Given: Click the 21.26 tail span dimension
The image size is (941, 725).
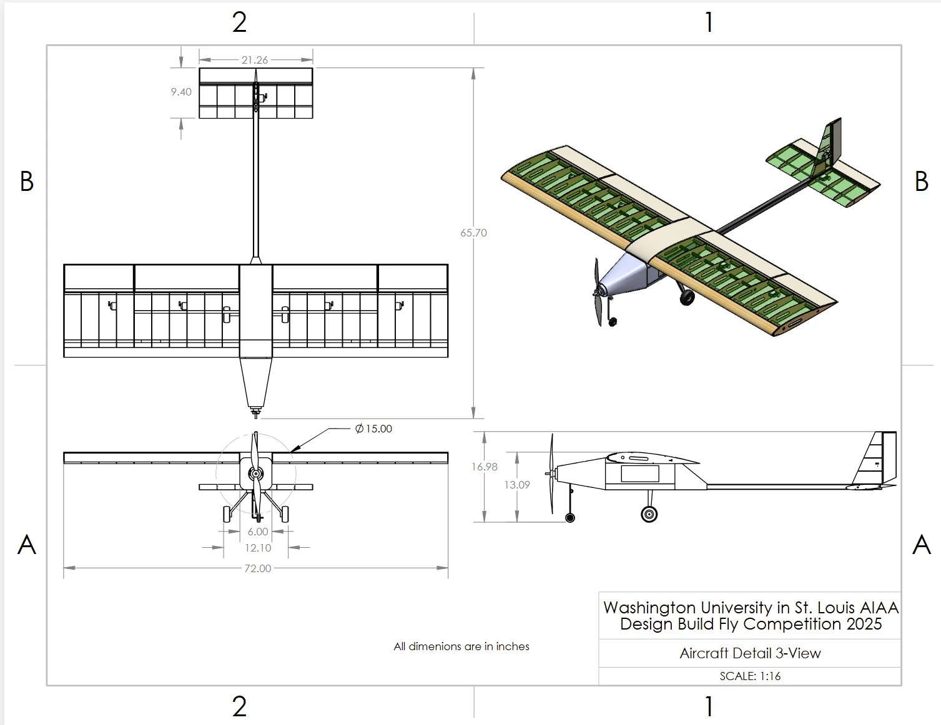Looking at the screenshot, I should (x=255, y=60).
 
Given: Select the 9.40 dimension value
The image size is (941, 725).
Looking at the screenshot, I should (x=181, y=92).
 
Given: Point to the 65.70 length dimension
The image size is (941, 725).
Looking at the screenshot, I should (x=473, y=233).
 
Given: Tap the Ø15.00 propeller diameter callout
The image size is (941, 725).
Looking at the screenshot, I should (x=373, y=429).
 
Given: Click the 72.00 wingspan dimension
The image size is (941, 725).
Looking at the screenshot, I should (x=258, y=568).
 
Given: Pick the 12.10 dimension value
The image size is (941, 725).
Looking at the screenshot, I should (x=258, y=548).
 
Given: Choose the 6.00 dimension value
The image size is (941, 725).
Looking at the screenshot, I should (x=257, y=532).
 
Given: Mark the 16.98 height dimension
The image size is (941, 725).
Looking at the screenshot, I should (x=485, y=467).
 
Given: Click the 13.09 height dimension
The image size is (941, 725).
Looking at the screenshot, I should (x=517, y=485).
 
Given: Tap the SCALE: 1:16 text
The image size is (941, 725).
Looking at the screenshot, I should (x=750, y=676).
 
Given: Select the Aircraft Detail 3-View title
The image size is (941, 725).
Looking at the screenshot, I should (x=750, y=653).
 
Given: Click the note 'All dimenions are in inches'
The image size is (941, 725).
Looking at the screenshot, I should (x=461, y=646).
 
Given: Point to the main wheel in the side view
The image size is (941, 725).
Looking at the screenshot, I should (x=649, y=514).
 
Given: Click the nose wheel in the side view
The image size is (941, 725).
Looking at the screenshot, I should (x=569, y=517).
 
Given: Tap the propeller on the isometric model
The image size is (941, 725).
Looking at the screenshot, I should (x=598, y=292).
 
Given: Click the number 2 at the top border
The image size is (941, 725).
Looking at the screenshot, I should (x=239, y=22).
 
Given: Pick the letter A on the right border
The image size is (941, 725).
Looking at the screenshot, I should (x=922, y=545).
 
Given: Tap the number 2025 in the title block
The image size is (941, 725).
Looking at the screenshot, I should (x=864, y=624).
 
